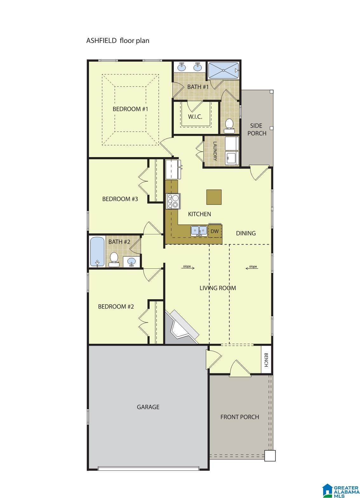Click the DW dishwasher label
(214, 231)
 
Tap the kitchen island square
(214, 197)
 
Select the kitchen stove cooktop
(173, 201)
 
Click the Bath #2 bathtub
(97, 252)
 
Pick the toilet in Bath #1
(229, 126)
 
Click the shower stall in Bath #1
(223, 70)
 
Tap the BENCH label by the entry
(266, 360)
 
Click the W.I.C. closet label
(195, 117)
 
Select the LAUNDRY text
(215, 151)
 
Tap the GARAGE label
(148, 407)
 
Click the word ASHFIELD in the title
(101, 40)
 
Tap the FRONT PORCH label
(240, 417)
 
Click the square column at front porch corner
(270, 455)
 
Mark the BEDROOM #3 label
(120, 199)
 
